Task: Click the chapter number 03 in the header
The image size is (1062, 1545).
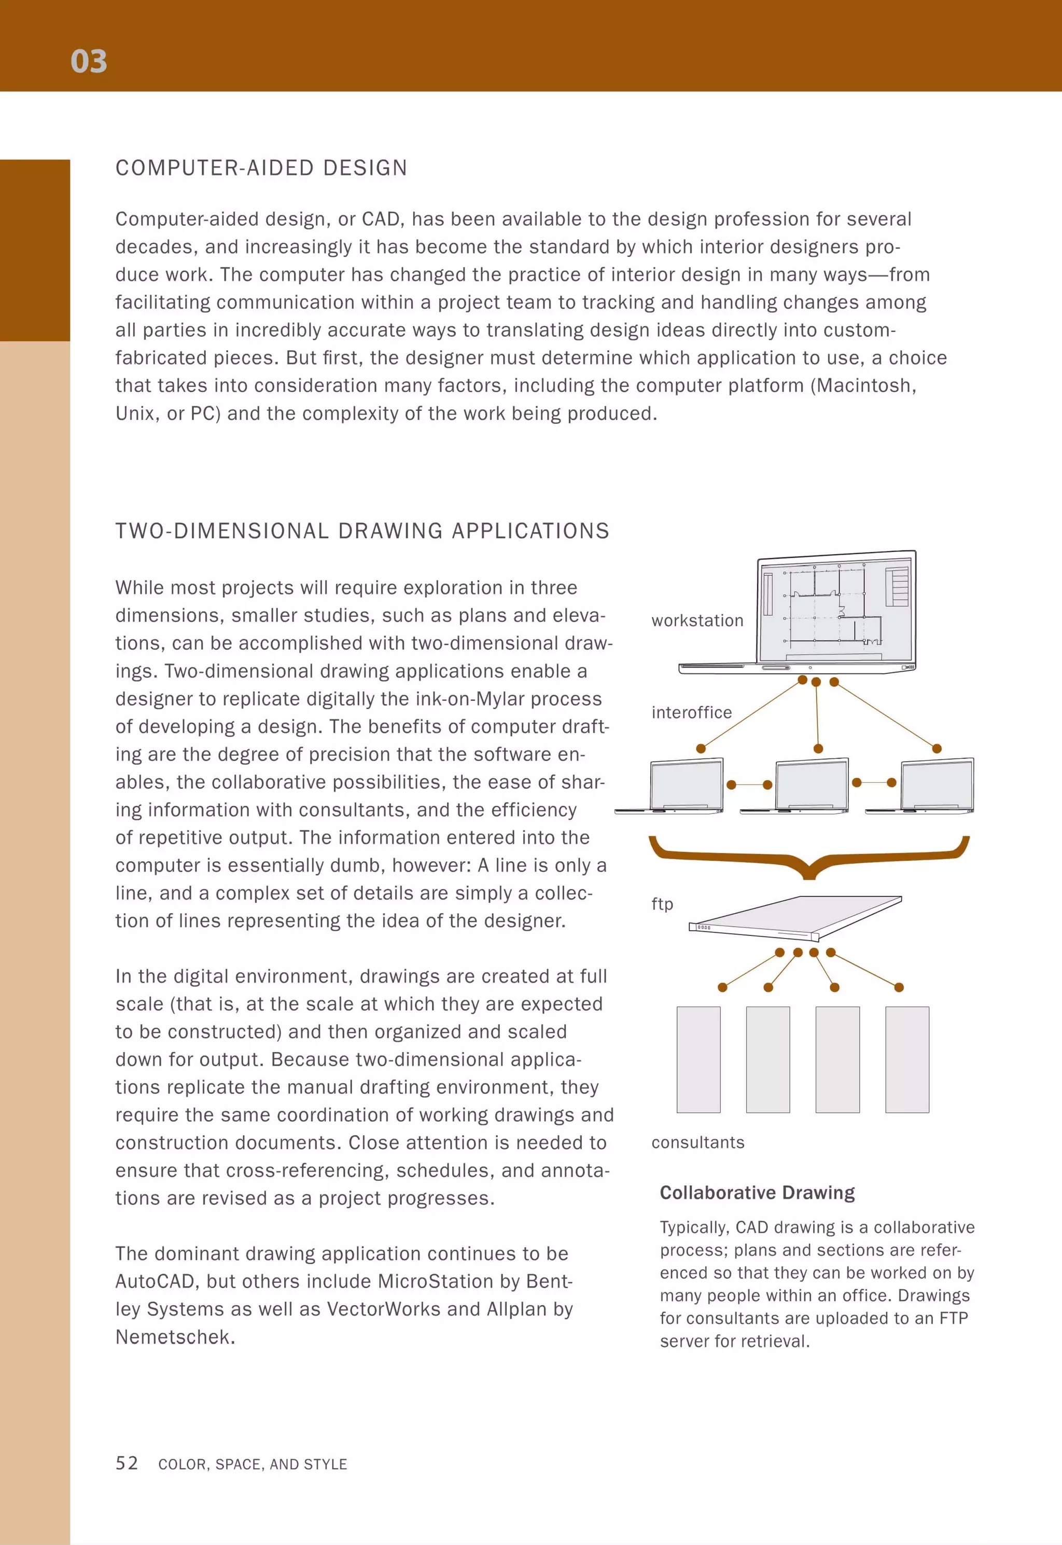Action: coord(89,61)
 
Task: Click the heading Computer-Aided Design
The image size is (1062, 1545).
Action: coord(261,168)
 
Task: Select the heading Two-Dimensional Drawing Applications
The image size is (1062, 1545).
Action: coord(362,531)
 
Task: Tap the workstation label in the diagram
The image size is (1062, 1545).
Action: coord(697,620)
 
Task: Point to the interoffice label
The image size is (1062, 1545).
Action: coord(691,712)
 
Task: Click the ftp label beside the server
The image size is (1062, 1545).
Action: coord(662,904)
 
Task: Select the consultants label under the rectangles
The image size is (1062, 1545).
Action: coord(697,1142)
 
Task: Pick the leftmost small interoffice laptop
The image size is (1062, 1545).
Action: coord(686,785)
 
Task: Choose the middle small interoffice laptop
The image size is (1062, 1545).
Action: coord(811,785)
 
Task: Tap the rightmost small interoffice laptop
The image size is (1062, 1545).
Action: coord(936,785)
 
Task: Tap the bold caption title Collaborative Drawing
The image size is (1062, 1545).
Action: coord(757,1192)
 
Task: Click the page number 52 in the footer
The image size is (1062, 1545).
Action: coord(127,1463)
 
